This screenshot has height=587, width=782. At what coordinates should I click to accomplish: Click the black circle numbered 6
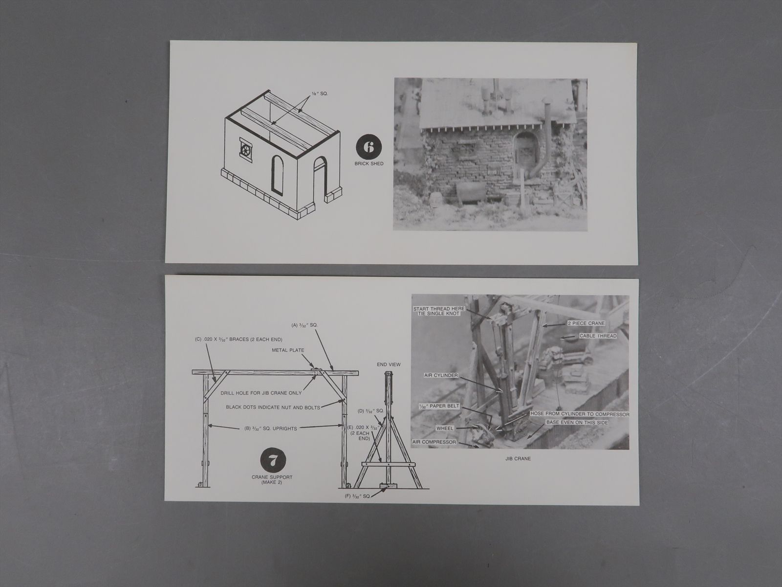[369, 147]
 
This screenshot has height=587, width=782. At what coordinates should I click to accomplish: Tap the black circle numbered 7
[273, 460]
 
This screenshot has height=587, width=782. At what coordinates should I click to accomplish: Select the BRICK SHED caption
[369, 163]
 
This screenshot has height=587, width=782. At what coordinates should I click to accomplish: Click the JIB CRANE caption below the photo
[518, 459]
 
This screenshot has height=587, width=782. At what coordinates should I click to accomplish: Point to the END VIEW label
[389, 364]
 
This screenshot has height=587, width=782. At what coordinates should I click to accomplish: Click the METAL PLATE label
[288, 350]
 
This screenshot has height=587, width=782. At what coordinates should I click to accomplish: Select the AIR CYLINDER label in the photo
[441, 375]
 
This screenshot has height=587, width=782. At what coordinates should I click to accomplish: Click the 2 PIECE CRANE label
[586, 323]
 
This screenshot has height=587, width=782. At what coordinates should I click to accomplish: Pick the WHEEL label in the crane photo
[445, 428]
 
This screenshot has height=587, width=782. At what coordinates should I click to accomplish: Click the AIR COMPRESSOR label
[434, 442]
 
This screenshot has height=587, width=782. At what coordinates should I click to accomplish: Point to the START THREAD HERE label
[439, 309]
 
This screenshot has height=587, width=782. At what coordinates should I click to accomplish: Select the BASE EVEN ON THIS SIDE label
[577, 422]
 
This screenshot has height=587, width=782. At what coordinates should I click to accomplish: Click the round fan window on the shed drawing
[246, 150]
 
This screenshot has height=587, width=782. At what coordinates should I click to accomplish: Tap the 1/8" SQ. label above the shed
[320, 94]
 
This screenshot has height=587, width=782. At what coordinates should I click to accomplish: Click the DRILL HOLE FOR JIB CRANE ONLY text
[261, 393]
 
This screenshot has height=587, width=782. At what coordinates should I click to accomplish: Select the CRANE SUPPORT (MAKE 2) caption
[272, 479]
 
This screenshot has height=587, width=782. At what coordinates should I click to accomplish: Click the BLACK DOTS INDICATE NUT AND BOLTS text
[273, 407]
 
